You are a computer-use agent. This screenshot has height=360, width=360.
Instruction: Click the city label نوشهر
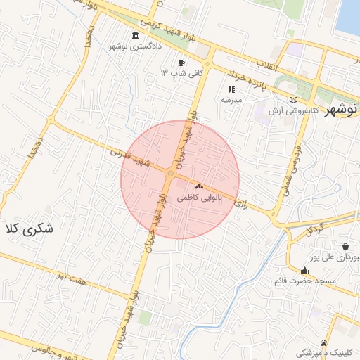342,108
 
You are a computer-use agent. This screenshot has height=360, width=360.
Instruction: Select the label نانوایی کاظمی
199,198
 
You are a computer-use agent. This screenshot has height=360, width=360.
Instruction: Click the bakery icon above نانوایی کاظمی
199,187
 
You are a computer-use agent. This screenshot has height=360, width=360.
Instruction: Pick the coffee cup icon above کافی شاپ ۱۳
182,62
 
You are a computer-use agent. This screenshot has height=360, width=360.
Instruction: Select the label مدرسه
231,100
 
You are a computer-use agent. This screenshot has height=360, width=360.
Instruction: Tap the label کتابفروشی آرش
293,111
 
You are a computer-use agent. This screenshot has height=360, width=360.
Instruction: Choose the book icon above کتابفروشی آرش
294,100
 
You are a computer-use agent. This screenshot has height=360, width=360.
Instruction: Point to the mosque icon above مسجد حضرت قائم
304,271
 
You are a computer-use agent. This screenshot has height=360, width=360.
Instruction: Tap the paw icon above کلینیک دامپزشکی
323,342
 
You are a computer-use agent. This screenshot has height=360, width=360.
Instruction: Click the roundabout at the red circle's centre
171,173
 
